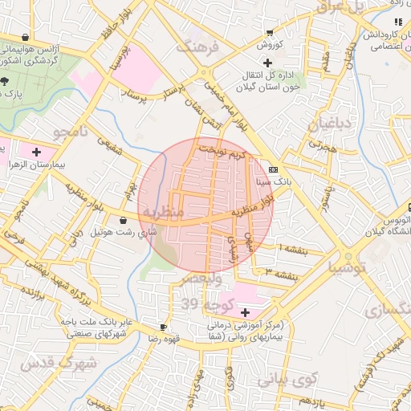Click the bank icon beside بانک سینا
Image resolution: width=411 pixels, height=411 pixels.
pos(274,169)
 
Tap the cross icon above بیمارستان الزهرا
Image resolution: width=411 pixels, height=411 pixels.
pos(36,151)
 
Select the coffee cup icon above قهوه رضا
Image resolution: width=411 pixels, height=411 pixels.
pos(164,327)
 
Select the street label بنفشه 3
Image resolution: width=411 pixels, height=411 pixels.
pos(280,275)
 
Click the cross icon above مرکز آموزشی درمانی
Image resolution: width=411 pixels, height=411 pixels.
pos(246,311)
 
